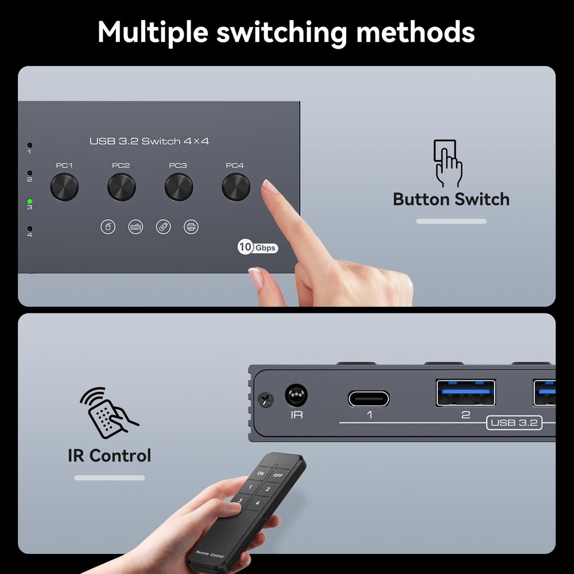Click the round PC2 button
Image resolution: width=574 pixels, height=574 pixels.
(x=122, y=187)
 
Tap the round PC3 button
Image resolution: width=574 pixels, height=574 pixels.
(x=179, y=187)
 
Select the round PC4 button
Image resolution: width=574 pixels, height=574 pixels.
(x=236, y=187)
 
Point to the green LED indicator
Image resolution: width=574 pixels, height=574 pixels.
(x=30, y=202)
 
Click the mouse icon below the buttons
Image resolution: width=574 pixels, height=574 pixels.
(x=107, y=227)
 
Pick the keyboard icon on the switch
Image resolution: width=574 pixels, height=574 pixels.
(x=136, y=227)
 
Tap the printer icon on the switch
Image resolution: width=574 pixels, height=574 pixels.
(x=191, y=227)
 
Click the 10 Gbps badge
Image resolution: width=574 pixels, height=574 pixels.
(x=258, y=247)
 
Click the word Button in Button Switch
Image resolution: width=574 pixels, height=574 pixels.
(x=420, y=199)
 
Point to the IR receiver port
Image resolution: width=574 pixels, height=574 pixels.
(x=296, y=396)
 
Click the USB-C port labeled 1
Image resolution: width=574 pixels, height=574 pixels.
(x=369, y=398)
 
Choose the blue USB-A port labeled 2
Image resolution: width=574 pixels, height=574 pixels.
(x=466, y=393)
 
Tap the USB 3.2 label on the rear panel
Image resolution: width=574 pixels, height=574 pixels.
(x=514, y=423)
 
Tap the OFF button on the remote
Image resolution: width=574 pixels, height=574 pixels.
(x=277, y=475)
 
